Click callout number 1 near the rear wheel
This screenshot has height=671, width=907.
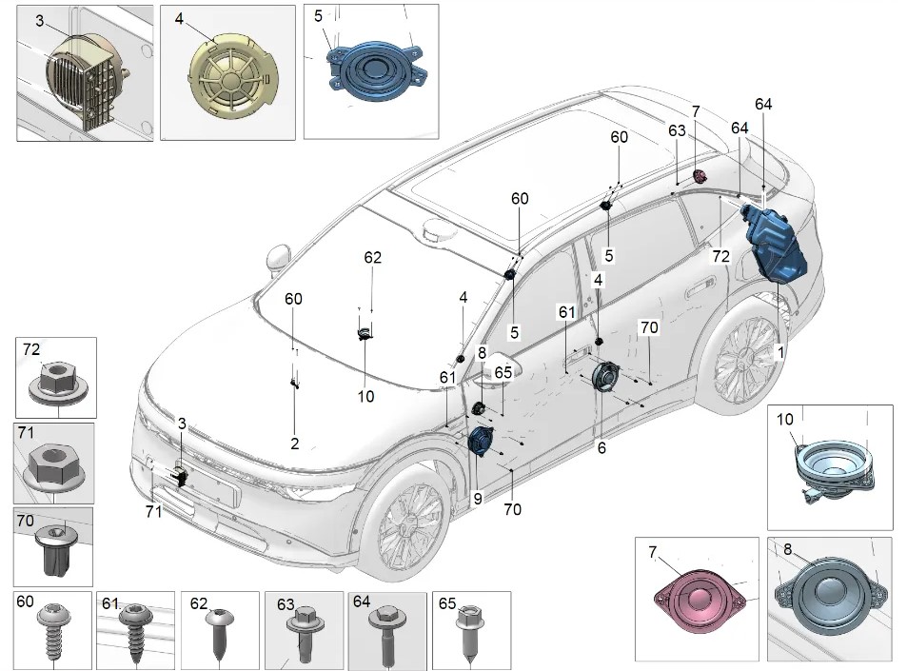(780, 352)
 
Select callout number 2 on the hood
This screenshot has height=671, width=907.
(294, 444)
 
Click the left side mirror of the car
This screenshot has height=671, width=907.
(278, 257)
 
